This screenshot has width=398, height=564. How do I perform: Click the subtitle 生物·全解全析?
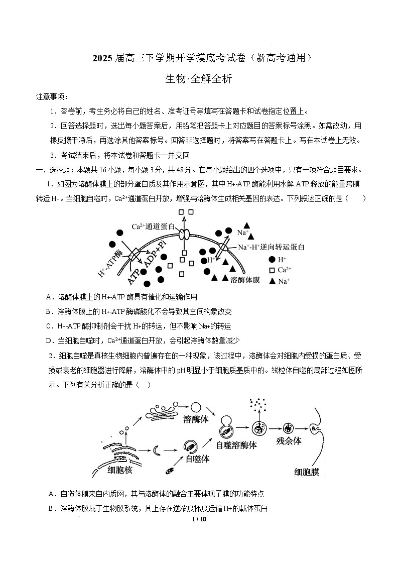(x=198, y=79)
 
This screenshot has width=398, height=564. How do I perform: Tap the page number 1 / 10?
(x=199, y=519)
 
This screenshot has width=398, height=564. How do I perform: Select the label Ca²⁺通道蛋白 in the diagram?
(x=154, y=227)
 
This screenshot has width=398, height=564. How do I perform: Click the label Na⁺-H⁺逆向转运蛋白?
(x=271, y=247)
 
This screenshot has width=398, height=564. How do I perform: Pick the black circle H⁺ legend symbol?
(x=272, y=259)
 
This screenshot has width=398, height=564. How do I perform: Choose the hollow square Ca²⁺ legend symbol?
(x=272, y=270)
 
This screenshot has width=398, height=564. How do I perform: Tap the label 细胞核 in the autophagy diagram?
(x=120, y=470)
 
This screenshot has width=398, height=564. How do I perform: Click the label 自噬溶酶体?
(x=237, y=445)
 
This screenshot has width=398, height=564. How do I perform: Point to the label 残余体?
(x=289, y=441)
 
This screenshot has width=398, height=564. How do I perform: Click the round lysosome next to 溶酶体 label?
(x=196, y=408)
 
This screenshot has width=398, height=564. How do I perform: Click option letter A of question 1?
(x=49, y=297)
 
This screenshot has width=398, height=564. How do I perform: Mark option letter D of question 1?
(x=49, y=341)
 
